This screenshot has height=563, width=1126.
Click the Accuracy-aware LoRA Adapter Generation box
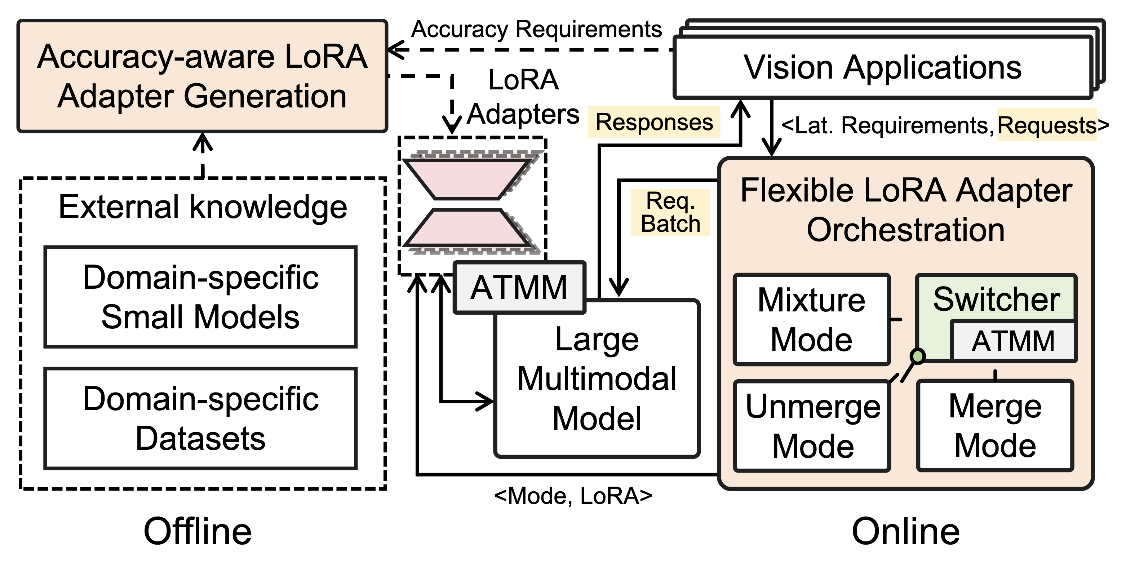[202, 76]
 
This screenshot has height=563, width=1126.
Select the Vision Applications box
[883, 68]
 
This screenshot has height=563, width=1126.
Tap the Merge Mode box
[995, 426]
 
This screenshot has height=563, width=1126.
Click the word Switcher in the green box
[997, 300]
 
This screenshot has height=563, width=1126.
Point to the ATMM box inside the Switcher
[1013, 341]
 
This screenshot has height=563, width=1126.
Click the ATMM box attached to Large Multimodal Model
[519, 288]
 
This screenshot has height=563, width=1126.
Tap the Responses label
[654, 122]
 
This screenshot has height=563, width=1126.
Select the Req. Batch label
[670, 212]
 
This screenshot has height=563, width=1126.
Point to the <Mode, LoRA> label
[573, 496]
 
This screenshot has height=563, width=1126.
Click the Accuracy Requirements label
[537, 30]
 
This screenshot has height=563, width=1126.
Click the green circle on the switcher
[918, 356]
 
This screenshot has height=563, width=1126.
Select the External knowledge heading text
[203, 207]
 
